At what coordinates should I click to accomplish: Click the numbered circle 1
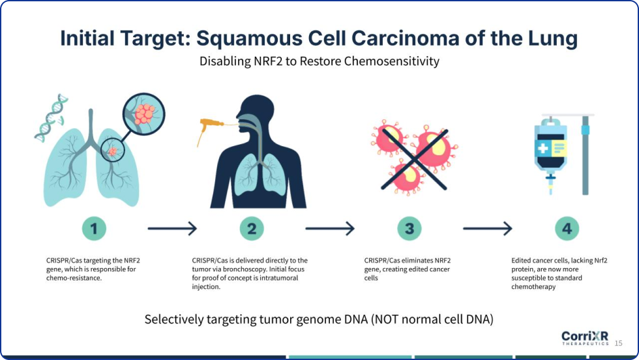pos(94,229)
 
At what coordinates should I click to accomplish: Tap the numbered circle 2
pos(252,229)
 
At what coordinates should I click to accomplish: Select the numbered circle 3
pos(409,229)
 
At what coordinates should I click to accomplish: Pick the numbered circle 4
pos(567,229)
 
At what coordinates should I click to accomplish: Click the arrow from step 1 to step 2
pos(172,229)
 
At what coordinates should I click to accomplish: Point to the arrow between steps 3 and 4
pos(488,229)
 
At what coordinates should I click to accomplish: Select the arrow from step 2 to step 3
pos(330,229)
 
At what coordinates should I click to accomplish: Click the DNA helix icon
pos(51,118)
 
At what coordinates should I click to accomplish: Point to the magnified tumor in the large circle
pos(145,113)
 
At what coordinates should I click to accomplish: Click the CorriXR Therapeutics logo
pos(585,338)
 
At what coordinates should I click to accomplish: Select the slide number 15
pos(618,343)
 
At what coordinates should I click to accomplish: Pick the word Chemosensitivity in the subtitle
pos(392,61)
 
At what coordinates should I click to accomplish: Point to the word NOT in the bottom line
pos(388,319)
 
